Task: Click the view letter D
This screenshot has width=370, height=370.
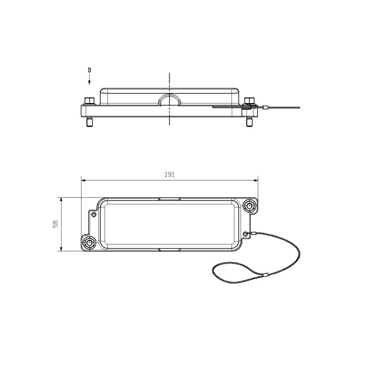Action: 90,70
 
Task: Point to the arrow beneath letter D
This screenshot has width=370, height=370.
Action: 90,80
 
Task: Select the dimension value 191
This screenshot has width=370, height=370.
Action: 169,175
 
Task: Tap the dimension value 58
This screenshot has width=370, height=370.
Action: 55,224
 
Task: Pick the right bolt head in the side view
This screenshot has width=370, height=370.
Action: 249,101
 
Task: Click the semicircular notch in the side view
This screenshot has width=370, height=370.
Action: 170,99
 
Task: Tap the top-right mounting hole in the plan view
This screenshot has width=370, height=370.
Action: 250,205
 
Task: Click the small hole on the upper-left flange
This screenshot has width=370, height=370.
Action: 95,214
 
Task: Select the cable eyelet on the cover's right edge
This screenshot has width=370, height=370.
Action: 247,233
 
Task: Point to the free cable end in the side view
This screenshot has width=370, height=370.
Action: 299,108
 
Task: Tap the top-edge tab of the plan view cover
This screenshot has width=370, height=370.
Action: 169,199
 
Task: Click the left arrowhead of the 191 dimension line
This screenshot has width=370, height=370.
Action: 83,181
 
